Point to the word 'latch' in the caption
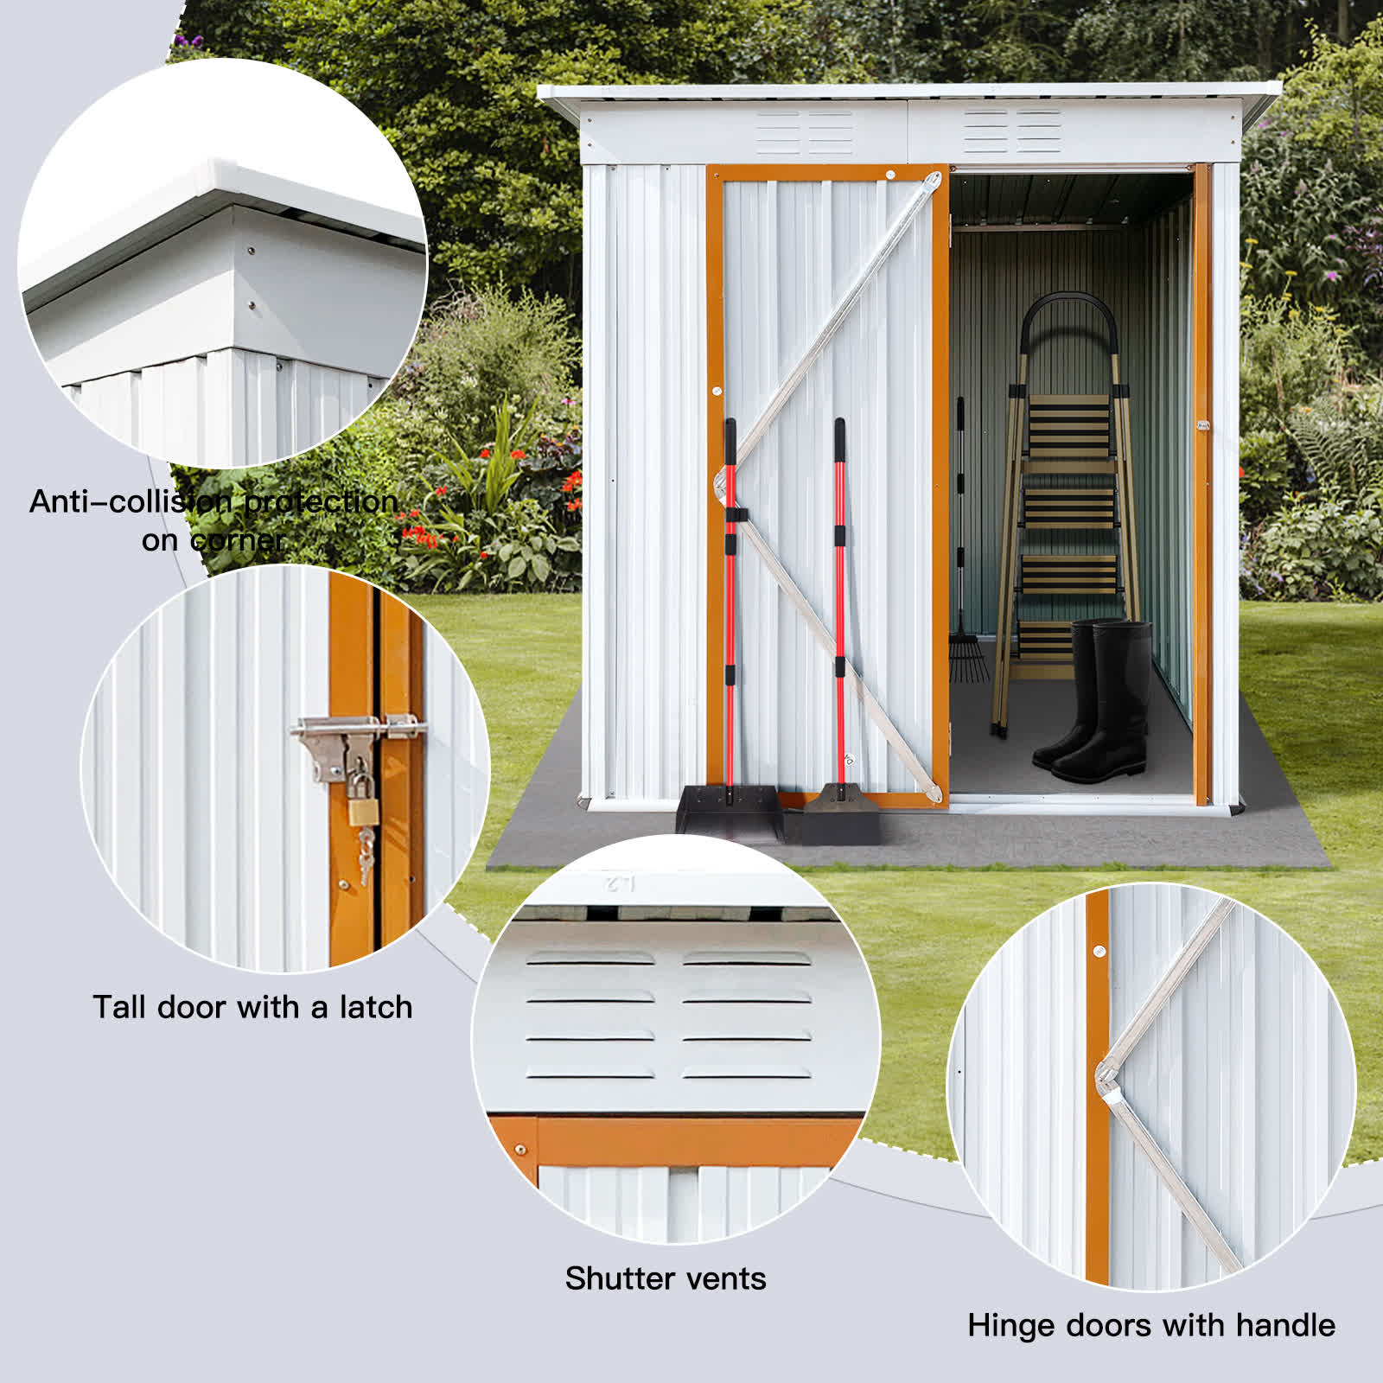[375, 1007]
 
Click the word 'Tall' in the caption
[120, 1007]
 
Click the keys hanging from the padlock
[366, 851]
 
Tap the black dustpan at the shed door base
[728, 811]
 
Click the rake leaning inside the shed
[962, 605]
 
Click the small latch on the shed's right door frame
[1202, 425]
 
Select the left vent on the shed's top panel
[805, 133]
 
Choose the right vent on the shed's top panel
[1012, 131]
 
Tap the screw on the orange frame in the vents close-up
[520, 1150]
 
